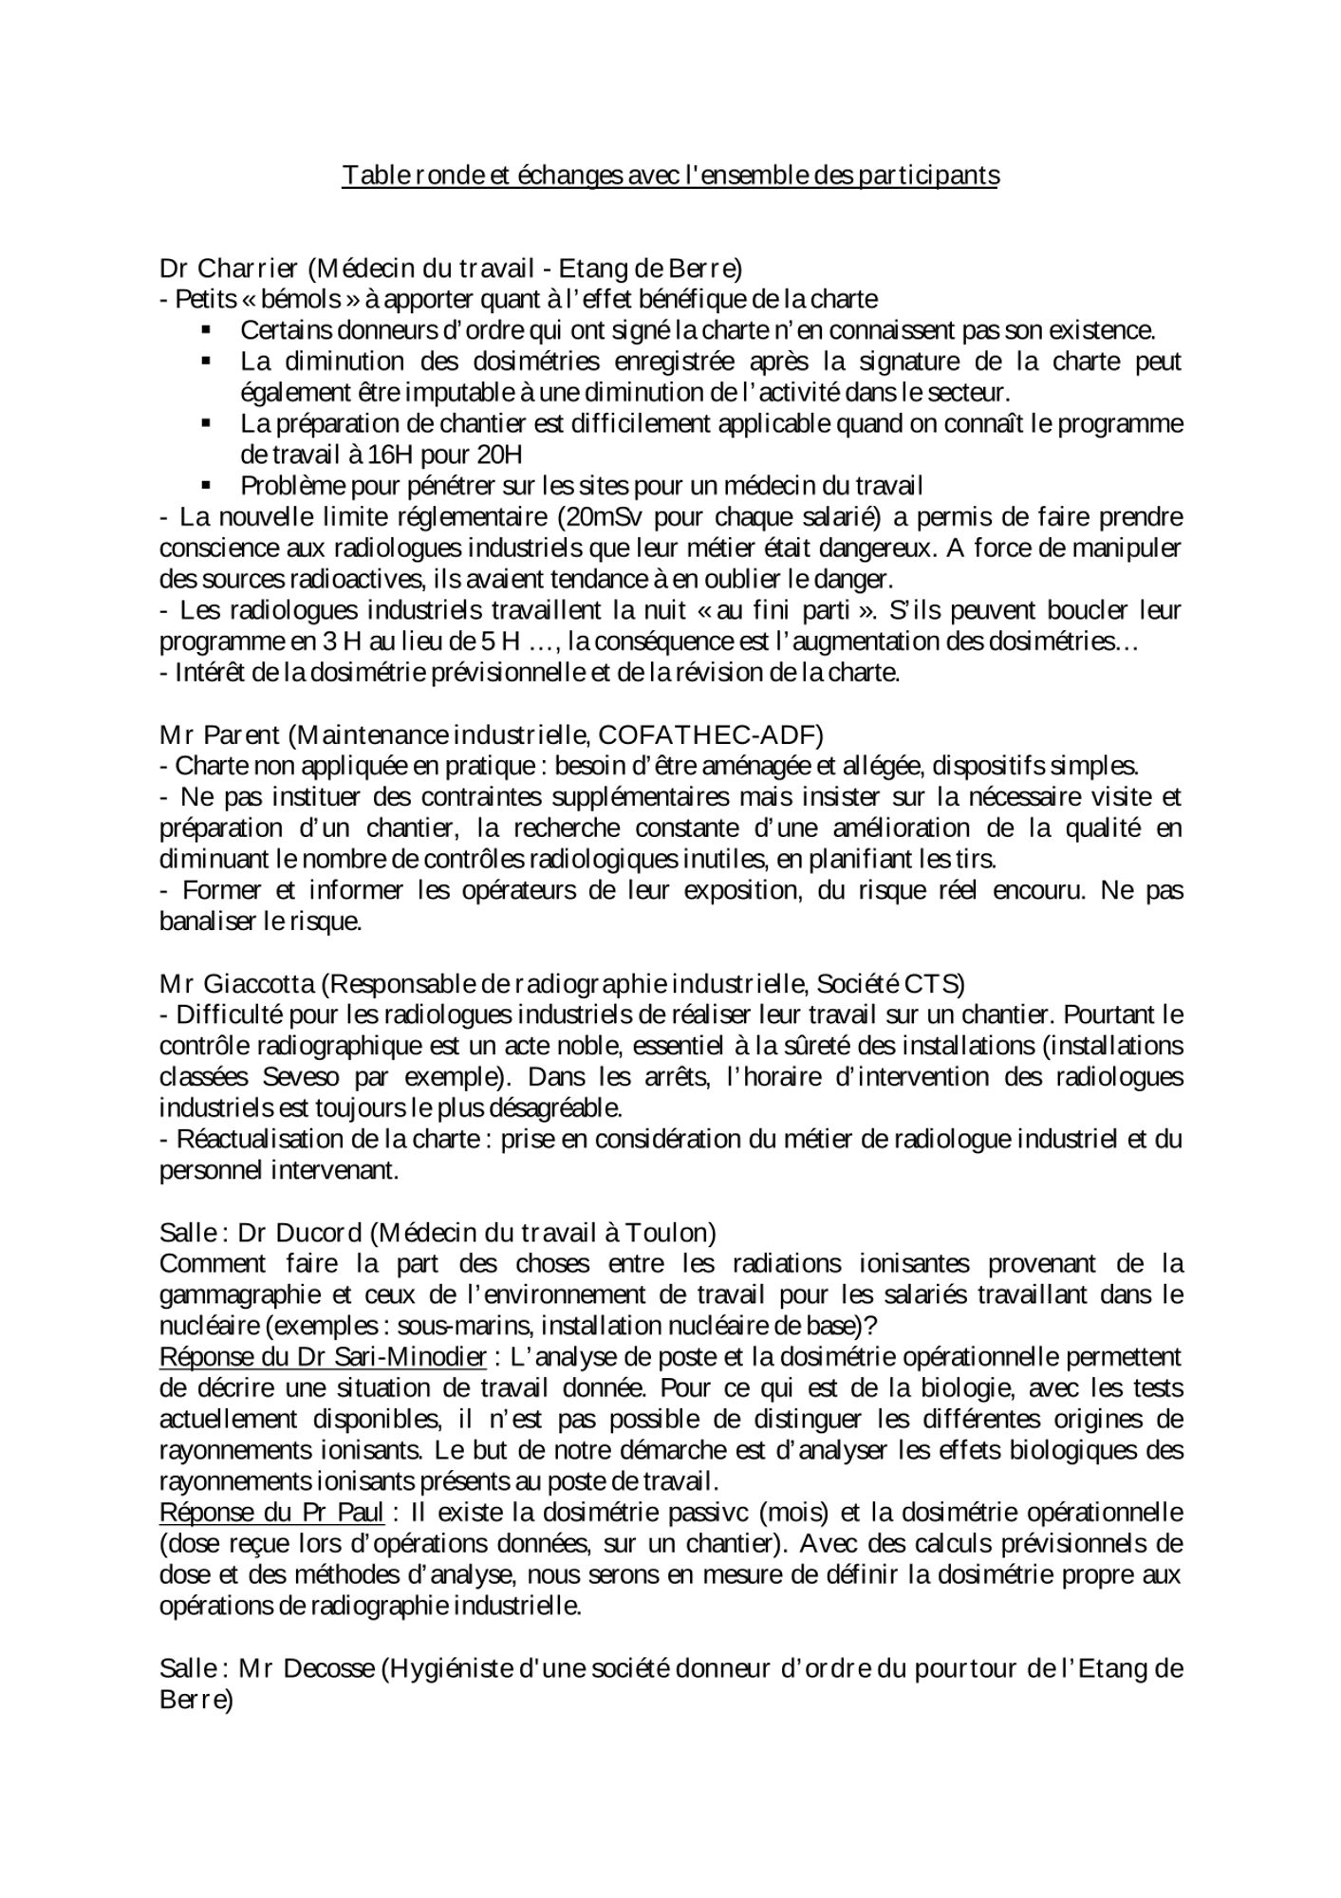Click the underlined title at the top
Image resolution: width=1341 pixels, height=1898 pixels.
[670, 176]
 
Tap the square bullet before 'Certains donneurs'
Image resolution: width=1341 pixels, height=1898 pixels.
[206, 330]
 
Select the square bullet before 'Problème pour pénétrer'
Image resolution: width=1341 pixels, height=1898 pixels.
[206, 486]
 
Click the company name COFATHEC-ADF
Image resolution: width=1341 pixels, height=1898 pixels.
[707, 735]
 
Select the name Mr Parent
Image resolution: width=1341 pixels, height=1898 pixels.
[219, 735]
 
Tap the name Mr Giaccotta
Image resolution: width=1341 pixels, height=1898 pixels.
[238, 984]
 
